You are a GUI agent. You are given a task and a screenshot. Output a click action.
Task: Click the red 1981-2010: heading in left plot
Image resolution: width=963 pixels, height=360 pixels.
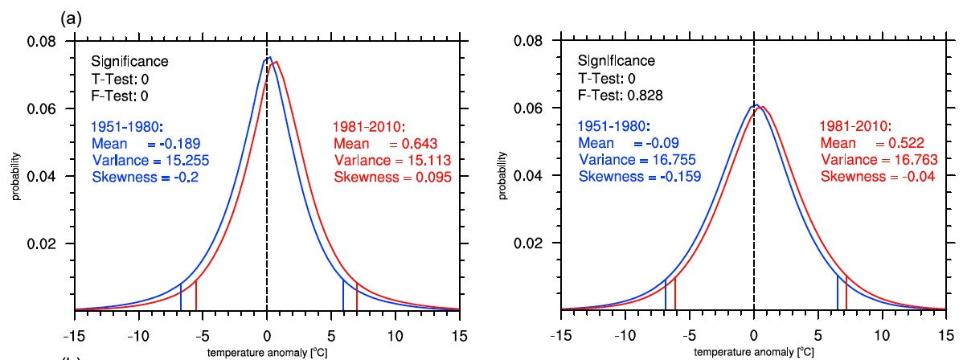point(367,127)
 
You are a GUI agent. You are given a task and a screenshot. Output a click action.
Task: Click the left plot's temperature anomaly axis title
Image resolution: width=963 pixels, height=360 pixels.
point(267,351)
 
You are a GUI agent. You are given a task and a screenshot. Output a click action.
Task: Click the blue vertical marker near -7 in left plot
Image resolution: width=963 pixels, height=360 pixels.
point(181,297)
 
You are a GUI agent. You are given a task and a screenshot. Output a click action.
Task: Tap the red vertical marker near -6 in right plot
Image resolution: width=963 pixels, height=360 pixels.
point(675,293)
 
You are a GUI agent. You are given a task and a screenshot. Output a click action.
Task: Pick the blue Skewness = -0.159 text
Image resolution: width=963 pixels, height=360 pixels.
point(638,177)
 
